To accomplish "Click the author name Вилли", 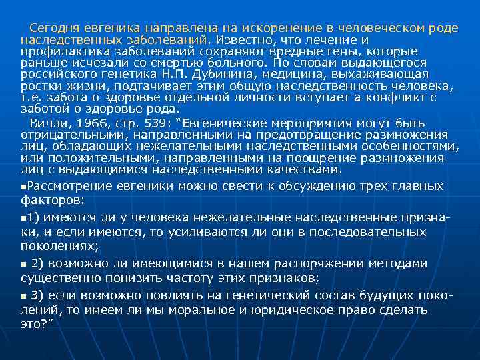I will [45, 123].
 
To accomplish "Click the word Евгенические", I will [225, 123].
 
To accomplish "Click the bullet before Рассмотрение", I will [24, 187].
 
